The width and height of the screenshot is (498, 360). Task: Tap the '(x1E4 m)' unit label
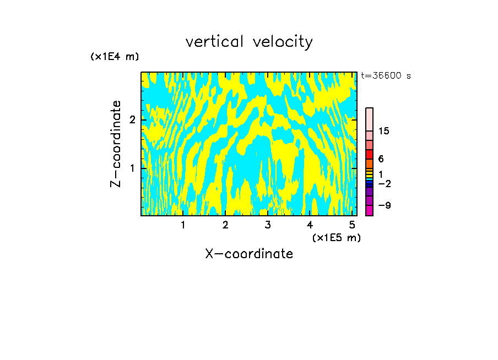coord(115,56)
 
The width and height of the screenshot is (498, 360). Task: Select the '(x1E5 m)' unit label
coord(336,237)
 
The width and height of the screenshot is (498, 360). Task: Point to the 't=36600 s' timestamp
coord(386,76)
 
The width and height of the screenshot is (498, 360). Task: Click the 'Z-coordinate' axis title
coord(116,144)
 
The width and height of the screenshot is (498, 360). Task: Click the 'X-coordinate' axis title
coord(249,254)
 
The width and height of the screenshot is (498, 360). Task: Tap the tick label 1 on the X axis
coord(183,225)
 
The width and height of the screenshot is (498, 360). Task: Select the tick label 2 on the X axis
coord(225,225)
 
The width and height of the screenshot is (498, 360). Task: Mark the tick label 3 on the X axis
coord(267,225)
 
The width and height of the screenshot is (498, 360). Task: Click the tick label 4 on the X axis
coord(310,225)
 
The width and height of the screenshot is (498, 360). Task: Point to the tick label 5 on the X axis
coord(351,225)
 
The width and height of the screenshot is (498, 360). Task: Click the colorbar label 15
coord(384,131)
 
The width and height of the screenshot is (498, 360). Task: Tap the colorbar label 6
coord(381,159)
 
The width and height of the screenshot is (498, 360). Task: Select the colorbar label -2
coord(384,183)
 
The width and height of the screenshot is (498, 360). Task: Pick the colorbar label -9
coord(384,205)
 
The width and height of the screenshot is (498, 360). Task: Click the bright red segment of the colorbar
coord(369,154)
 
